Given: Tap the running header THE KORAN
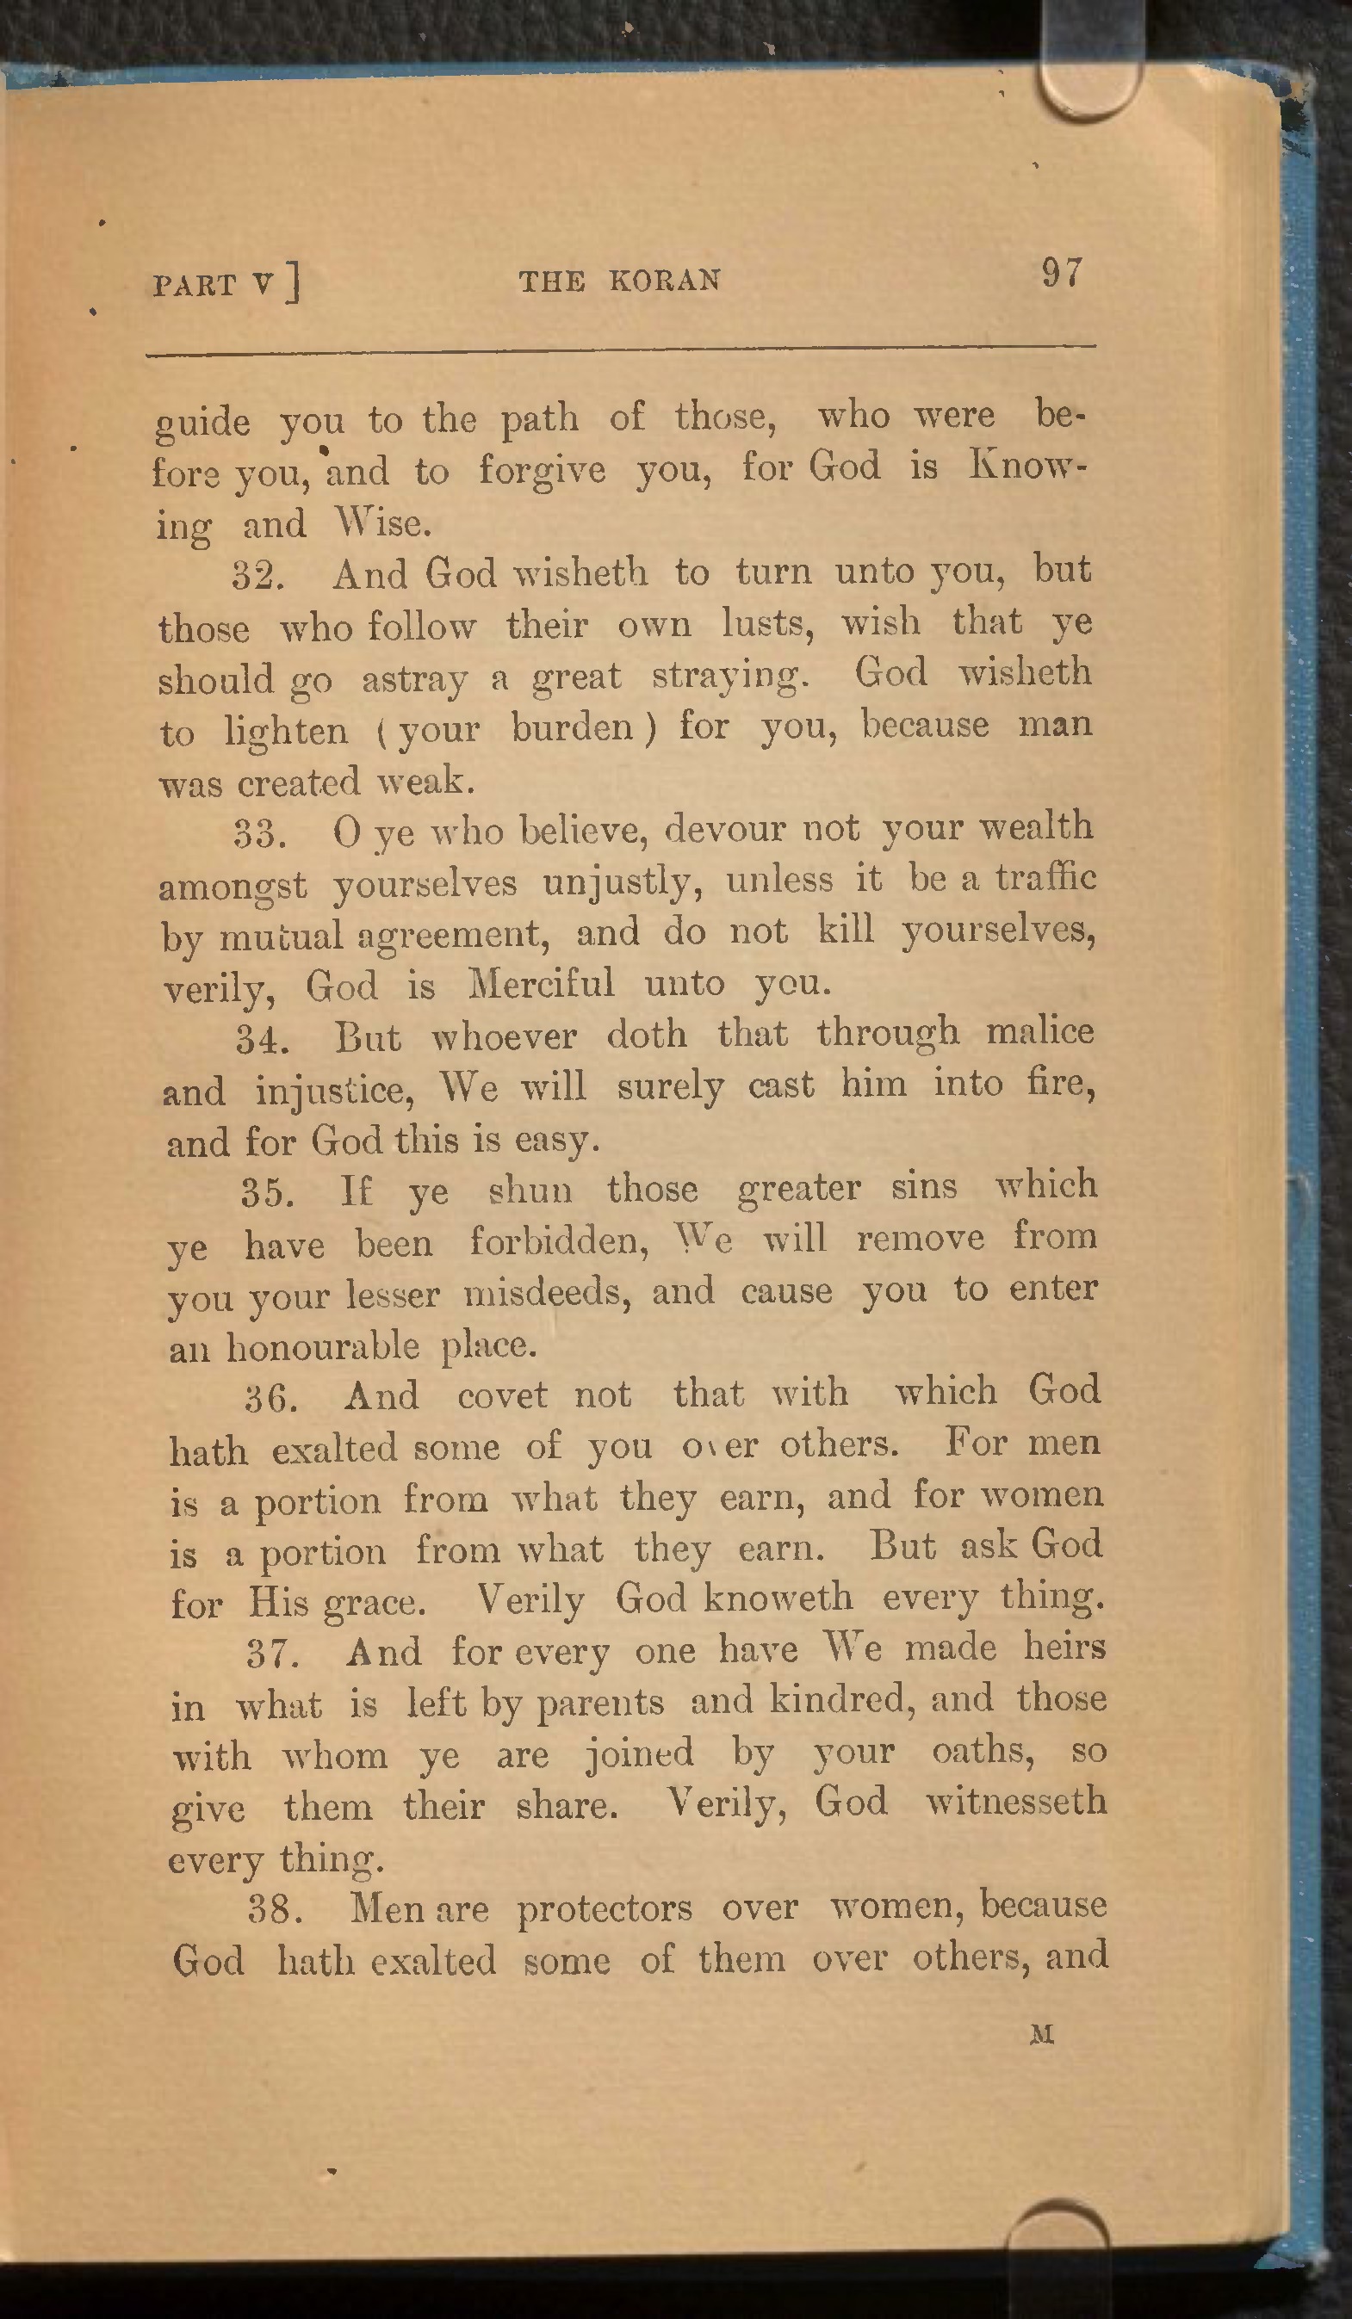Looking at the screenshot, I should (619, 280).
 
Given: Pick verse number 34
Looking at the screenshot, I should (263, 1040).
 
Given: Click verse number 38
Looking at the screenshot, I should (276, 1910).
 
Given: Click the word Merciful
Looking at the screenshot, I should (541, 984).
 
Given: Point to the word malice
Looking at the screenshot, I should (1040, 1030).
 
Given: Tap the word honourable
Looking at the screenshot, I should (323, 1347).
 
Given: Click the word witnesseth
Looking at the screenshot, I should (1015, 1800).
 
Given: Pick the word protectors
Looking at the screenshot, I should (605, 1908).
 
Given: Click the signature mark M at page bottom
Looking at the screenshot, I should (1042, 2035).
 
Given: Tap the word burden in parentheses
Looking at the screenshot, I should (573, 729).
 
